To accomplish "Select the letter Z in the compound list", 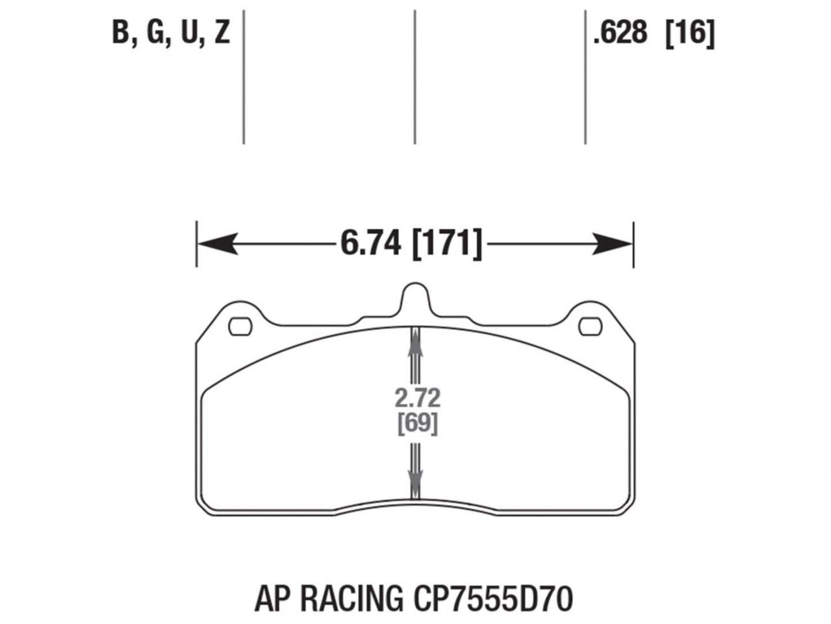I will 222,32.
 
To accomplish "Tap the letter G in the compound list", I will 155,32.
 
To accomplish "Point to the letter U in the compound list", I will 189,32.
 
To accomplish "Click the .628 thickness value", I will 620,32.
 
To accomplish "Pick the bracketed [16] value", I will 690,32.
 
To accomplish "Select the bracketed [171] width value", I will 448,244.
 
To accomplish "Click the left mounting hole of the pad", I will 240,326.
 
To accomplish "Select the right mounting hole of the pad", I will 591,326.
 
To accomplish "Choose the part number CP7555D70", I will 492,599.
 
